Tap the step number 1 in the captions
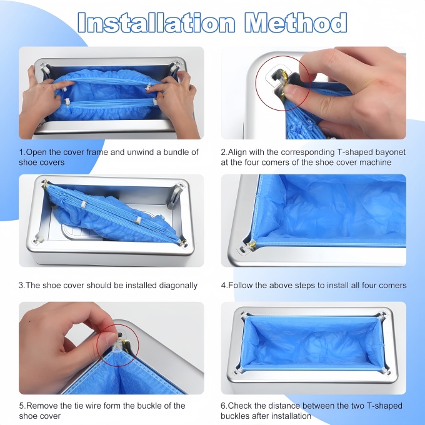[x=21, y=152]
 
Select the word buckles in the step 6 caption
[x=236, y=416]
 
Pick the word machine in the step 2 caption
[x=375, y=162]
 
